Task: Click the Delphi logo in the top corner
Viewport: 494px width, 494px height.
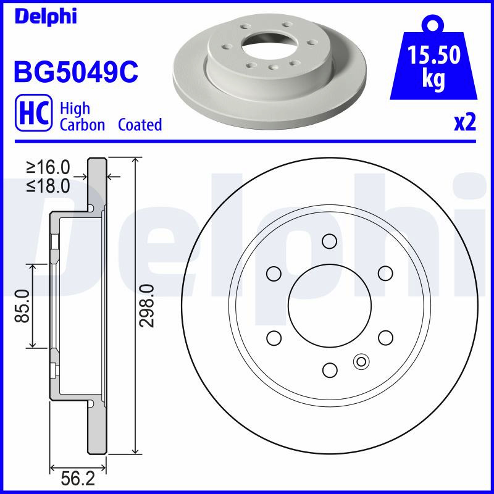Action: (46, 17)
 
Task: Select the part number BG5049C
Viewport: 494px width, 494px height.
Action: (76, 72)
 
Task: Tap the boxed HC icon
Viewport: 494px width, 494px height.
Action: (34, 112)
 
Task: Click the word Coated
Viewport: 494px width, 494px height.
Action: (140, 125)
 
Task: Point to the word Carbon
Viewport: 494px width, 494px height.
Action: (82, 125)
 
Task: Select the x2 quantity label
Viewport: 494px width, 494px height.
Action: (465, 123)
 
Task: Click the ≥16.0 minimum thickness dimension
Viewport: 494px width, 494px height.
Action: (48, 167)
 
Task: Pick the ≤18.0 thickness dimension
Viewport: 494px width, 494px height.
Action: (48, 186)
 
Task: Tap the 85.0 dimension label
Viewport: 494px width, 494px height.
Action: (22, 306)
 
